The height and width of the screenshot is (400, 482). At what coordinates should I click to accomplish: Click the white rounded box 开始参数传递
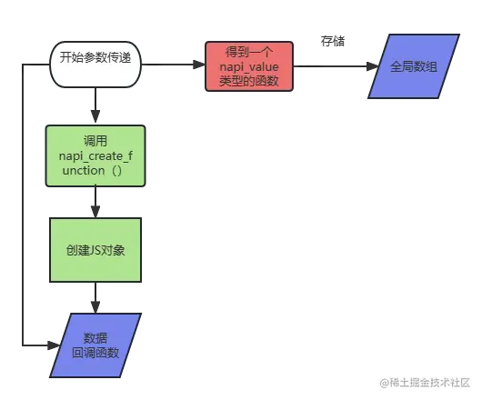(x=95, y=65)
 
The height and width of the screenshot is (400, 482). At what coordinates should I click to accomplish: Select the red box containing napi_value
(x=248, y=66)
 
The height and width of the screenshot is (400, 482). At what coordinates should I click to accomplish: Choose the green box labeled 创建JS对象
(x=95, y=248)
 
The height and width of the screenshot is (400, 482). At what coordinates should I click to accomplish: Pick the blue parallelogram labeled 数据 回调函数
(x=95, y=345)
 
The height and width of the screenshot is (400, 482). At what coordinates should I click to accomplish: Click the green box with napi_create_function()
(x=95, y=155)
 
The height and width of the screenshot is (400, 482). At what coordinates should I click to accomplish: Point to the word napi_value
(x=248, y=67)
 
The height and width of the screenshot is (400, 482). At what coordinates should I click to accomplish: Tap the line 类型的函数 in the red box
(x=248, y=82)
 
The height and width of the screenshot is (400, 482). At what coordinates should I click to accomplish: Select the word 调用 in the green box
(x=95, y=142)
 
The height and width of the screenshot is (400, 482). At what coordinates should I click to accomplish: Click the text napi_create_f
(x=95, y=156)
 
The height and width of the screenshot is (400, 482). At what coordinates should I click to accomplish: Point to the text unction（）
(x=95, y=171)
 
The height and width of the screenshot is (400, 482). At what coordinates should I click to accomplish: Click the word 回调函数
(x=95, y=353)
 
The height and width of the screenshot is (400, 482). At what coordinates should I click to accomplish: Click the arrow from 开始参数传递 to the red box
(x=175, y=65)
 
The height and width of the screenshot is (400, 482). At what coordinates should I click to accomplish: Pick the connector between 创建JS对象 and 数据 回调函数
(x=94, y=295)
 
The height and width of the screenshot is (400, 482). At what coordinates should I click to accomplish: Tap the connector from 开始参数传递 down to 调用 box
(x=95, y=106)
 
